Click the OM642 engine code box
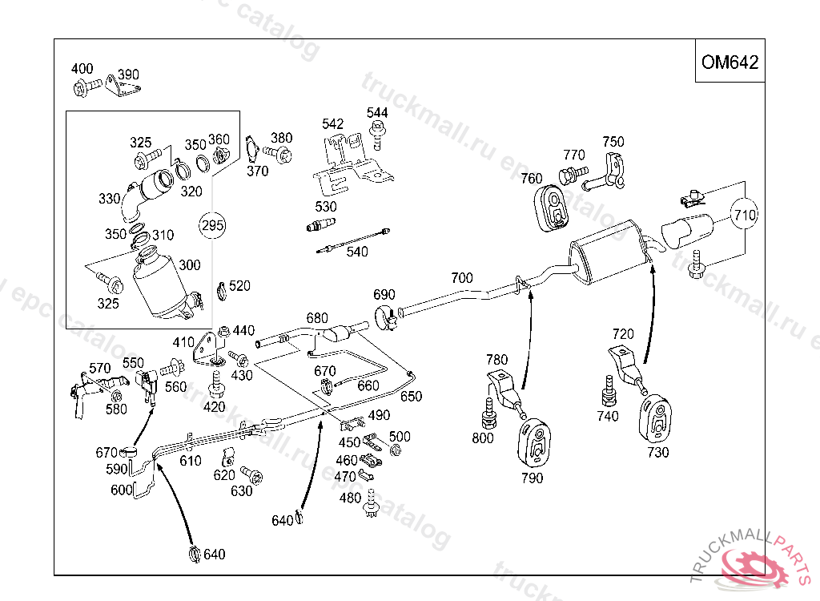point(730,61)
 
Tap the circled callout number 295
point(212,226)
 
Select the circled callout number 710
point(744,215)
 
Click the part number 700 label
point(462,278)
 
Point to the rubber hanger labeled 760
point(551,208)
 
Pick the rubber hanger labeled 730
point(655,418)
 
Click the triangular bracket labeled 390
point(123,87)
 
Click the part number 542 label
point(332,124)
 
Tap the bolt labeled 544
point(377,134)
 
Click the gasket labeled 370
point(252,149)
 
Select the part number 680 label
point(317,318)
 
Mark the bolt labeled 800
point(489,413)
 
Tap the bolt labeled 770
point(573,175)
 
